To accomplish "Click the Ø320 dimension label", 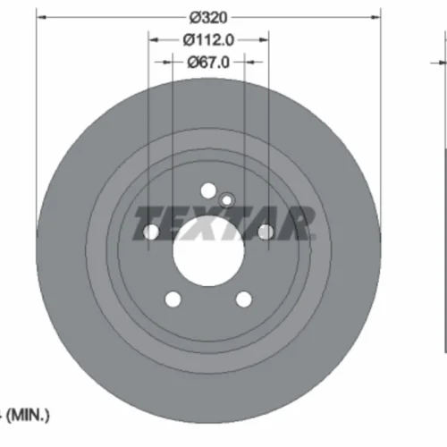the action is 208,18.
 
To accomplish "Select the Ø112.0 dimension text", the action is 208,40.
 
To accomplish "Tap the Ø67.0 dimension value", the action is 208,63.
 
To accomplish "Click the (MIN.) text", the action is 28,415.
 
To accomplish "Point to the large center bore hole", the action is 208,250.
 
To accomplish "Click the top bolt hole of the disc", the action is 208,190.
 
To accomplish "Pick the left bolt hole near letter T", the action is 151,232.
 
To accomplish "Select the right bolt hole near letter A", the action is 266,232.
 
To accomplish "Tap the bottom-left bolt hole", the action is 173,299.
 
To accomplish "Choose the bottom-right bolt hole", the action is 244,299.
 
